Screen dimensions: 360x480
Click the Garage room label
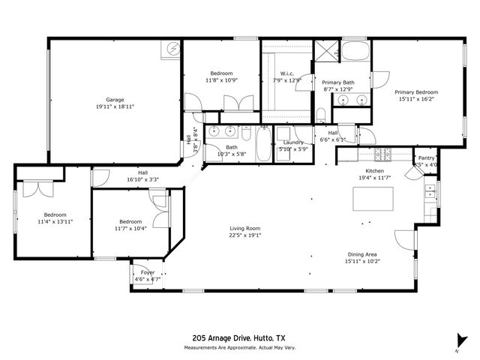[x=114, y=100]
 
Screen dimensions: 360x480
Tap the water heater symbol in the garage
[x=173, y=48]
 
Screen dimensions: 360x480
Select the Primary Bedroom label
[x=416, y=91]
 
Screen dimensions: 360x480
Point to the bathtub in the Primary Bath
[x=356, y=52]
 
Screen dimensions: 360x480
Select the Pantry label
[x=426, y=158]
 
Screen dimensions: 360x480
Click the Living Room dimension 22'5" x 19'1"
[x=244, y=235]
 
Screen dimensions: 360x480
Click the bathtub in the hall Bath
[x=264, y=143]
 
